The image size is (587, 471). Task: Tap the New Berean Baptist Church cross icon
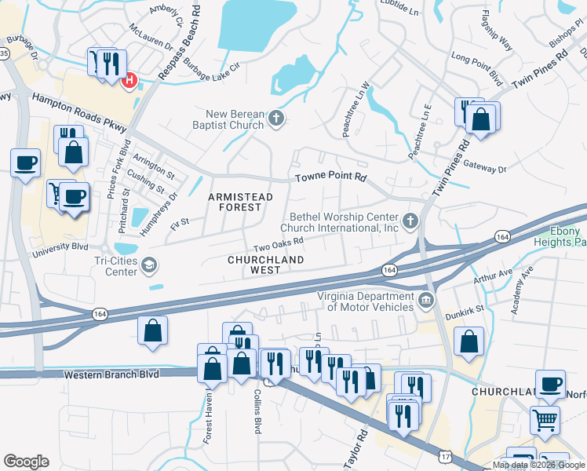pos(275,119)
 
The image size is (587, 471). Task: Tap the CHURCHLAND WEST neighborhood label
pos(264,264)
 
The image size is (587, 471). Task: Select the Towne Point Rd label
pos(330,178)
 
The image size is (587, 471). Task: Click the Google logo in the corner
pos(26,462)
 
